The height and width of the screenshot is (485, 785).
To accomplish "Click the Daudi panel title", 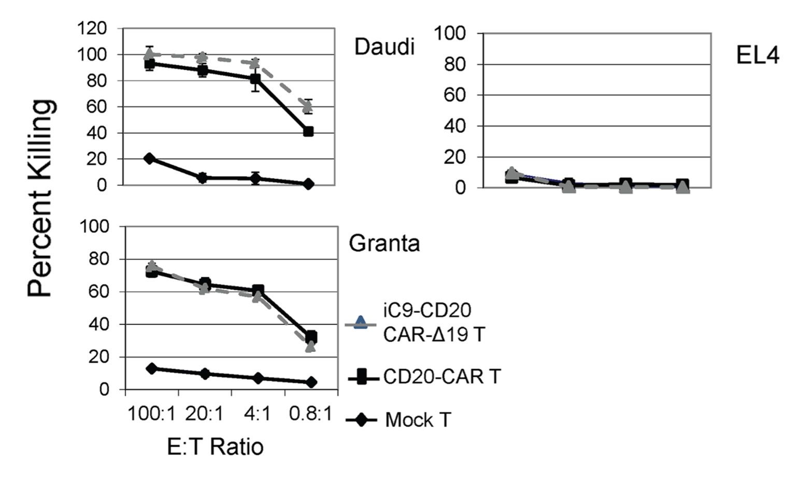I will coord(384,47).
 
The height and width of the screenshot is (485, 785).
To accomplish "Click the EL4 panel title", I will coord(757,55).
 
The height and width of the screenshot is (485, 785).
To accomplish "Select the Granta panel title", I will coord(384,243).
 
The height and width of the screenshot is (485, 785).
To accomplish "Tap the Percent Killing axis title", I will coord(41,198).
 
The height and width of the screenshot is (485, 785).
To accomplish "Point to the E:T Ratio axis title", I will coord(215,446).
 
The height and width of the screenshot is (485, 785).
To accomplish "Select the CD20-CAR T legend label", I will coord(442,376).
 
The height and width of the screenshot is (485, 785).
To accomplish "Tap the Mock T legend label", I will coord(418,419).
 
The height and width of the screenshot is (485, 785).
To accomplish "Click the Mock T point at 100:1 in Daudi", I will coord(150,158).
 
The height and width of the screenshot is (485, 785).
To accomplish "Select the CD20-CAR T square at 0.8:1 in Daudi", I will coord(308,132).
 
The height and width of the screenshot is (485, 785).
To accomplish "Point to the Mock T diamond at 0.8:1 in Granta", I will coord(311,382).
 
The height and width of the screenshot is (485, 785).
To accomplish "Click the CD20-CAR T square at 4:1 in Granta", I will coord(258,291).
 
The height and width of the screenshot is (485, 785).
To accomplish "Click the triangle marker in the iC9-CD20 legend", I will coord(361,323).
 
